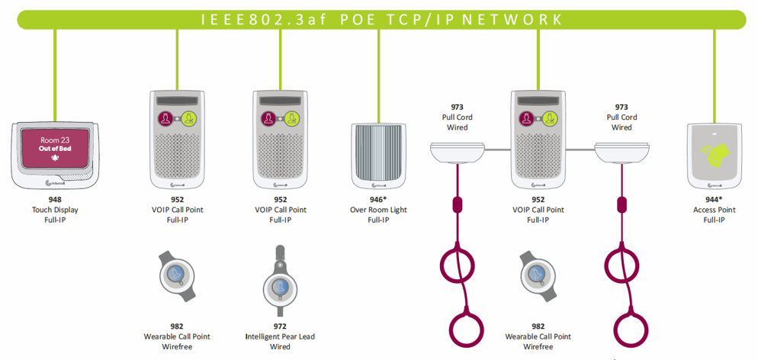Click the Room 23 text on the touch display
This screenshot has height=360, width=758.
tap(55, 139)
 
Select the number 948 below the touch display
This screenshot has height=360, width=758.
tap(55, 200)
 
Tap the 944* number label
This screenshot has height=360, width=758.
tap(714, 200)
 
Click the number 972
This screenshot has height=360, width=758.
tap(280, 326)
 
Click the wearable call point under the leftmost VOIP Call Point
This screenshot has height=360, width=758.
tap(176, 274)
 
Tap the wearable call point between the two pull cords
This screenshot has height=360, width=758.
tap(538, 274)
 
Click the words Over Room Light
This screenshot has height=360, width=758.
tap(378, 210)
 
